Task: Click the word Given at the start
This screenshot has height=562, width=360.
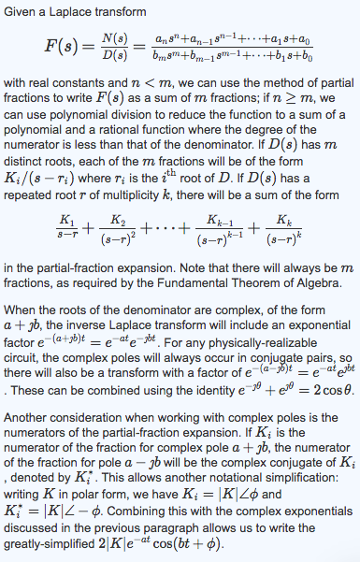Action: click(x=25, y=12)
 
